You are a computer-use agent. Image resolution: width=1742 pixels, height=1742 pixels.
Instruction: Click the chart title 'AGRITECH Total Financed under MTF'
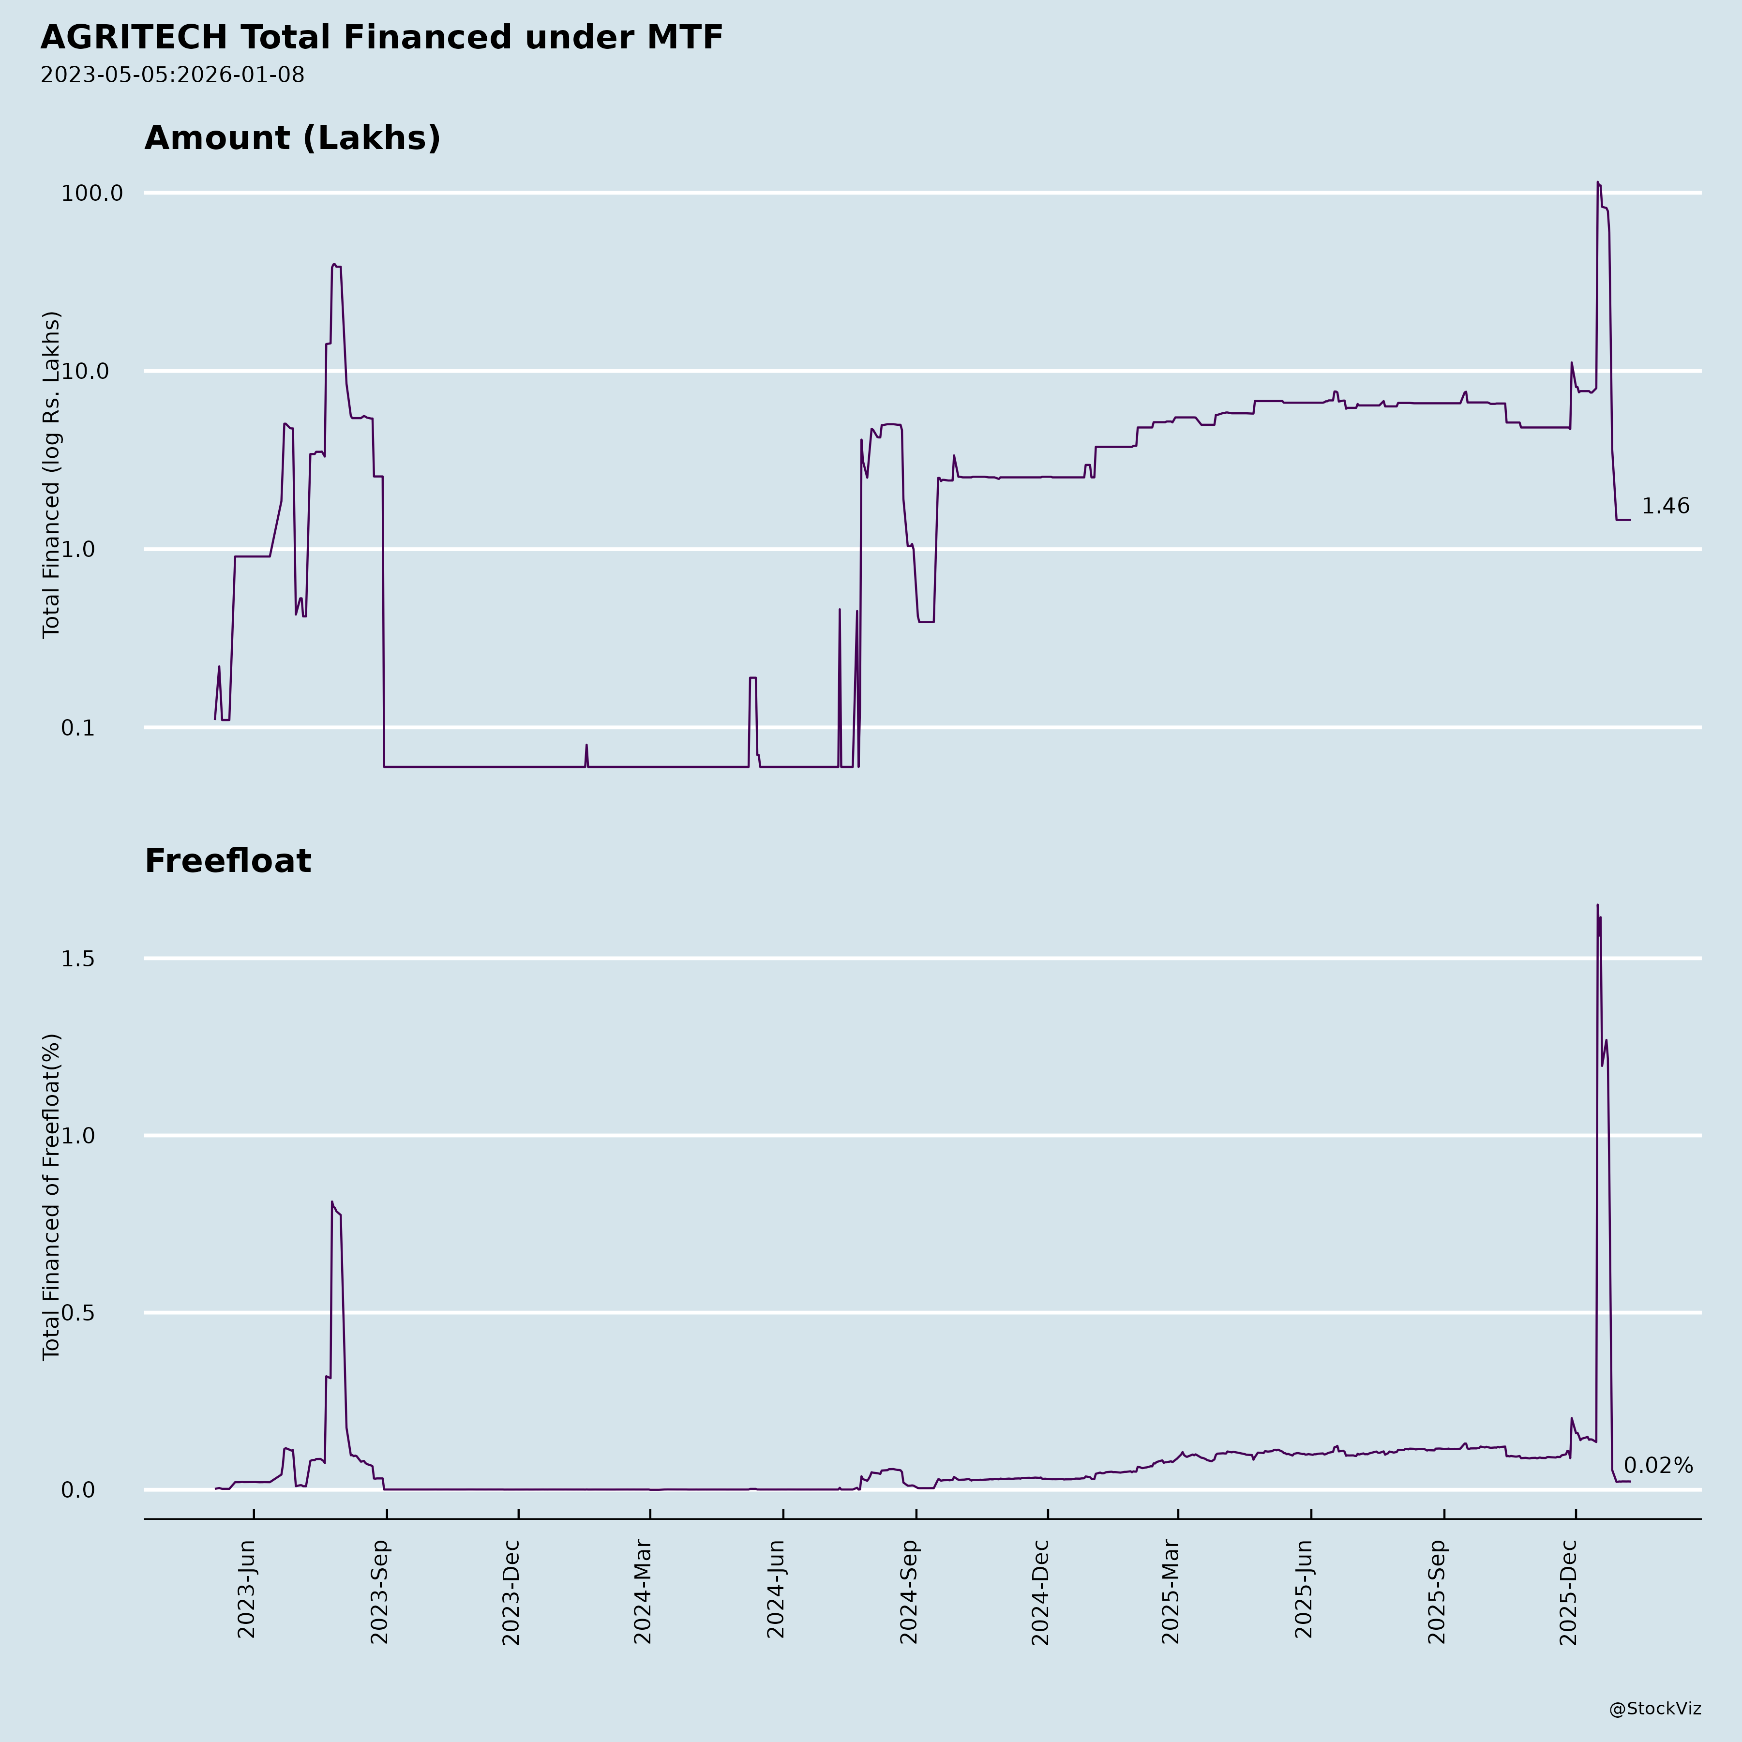pyautogui.click(x=381, y=38)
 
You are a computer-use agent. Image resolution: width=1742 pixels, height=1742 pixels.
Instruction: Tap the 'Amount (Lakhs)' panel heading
pyautogui.click(x=292, y=138)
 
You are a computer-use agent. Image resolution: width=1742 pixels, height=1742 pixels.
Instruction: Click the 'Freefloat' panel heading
pyautogui.click(x=227, y=861)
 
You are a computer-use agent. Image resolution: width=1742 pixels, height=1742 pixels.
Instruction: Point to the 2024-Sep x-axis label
pyautogui.click(x=909, y=1592)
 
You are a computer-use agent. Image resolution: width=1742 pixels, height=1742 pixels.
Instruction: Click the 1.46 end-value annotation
pyautogui.click(x=1665, y=507)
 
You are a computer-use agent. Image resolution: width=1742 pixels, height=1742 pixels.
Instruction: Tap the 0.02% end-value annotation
pyautogui.click(x=1657, y=1466)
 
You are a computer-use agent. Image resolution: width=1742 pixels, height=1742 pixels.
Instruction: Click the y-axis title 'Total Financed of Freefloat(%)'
pyautogui.click(x=51, y=1197)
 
